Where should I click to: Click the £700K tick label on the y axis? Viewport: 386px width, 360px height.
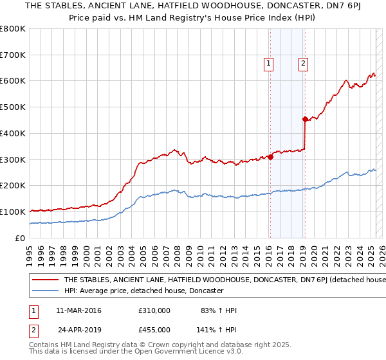coord(13,55)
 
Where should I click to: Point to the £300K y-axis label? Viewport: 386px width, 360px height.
coord(13,159)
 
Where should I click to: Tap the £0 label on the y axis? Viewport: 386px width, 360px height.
coord(20,238)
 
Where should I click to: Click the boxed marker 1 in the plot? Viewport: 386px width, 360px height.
coord(268,63)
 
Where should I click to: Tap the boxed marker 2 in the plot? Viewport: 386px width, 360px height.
coord(302,63)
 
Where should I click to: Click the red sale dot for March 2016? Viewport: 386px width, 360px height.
coord(270,157)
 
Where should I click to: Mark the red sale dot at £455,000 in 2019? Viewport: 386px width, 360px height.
coord(305,119)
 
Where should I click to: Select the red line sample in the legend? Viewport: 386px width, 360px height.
coord(46,280)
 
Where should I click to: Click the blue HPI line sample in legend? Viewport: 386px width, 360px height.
coord(46,291)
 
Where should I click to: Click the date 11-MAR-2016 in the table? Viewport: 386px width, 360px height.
coord(78,310)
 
